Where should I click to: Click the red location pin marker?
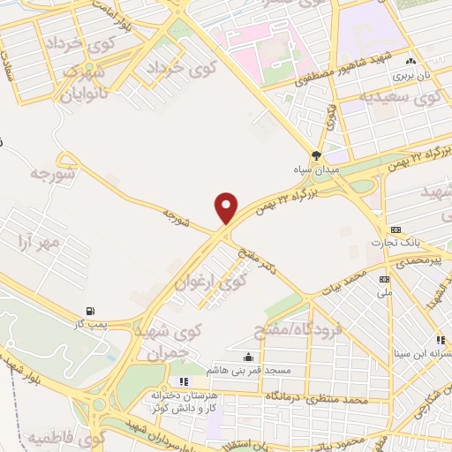click(x=227, y=208)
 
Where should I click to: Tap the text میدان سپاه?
click(x=314, y=167)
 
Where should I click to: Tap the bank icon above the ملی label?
click(x=384, y=278)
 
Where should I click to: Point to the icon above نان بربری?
click(x=411, y=62)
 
